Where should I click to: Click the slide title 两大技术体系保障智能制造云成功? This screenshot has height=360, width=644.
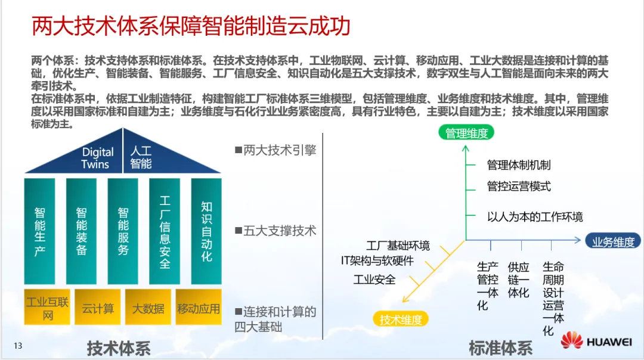point(191,27)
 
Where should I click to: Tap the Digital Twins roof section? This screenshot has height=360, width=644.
point(98,158)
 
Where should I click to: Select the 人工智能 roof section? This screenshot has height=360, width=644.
point(141,157)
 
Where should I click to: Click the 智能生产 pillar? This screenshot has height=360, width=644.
point(39,231)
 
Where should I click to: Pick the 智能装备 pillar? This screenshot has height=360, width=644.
point(81,231)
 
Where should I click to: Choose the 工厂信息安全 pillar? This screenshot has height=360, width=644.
point(165,231)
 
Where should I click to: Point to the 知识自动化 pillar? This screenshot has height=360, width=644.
point(206,231)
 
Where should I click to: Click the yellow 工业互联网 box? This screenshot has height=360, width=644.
point(48,308)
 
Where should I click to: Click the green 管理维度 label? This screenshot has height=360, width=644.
point(466,133)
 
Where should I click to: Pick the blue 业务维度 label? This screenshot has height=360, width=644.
point(613,241)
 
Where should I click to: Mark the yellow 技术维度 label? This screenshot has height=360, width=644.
point(401,319)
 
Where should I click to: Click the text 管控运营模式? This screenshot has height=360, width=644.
point(519,187)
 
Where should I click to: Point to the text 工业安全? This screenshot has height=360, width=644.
point(374,279)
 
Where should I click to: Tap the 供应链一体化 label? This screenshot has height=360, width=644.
point(518,280)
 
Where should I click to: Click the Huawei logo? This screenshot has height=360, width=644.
point(596,341)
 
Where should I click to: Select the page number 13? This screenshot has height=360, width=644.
point(18,346)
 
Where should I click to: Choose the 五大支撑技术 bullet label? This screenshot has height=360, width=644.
point(275,231)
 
